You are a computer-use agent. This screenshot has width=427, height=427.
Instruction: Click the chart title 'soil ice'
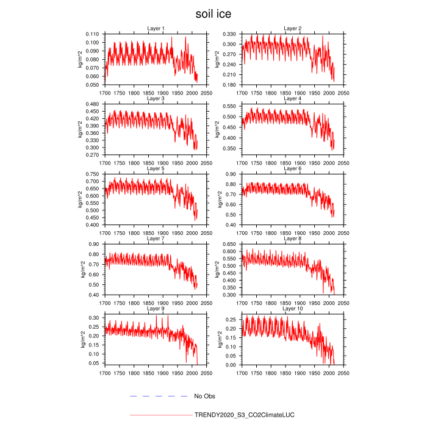coord(213,13)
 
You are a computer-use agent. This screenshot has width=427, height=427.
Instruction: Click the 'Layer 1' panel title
coord(156,29)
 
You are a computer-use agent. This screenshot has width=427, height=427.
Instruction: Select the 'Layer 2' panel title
coord(293,29)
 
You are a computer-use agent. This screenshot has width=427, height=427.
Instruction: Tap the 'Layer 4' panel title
coord(293,98)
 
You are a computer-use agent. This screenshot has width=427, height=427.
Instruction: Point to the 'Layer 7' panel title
coord(156,239)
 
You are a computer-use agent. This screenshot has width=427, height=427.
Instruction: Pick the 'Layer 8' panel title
coord(293,239)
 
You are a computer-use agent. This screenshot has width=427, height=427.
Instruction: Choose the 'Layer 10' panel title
coord(293,309)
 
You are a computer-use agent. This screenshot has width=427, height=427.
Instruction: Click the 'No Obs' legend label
coord(205,396)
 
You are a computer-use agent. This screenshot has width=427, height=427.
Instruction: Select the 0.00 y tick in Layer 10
coord(233,365)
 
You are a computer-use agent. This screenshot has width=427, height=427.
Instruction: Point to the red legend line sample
coord(160,415)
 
